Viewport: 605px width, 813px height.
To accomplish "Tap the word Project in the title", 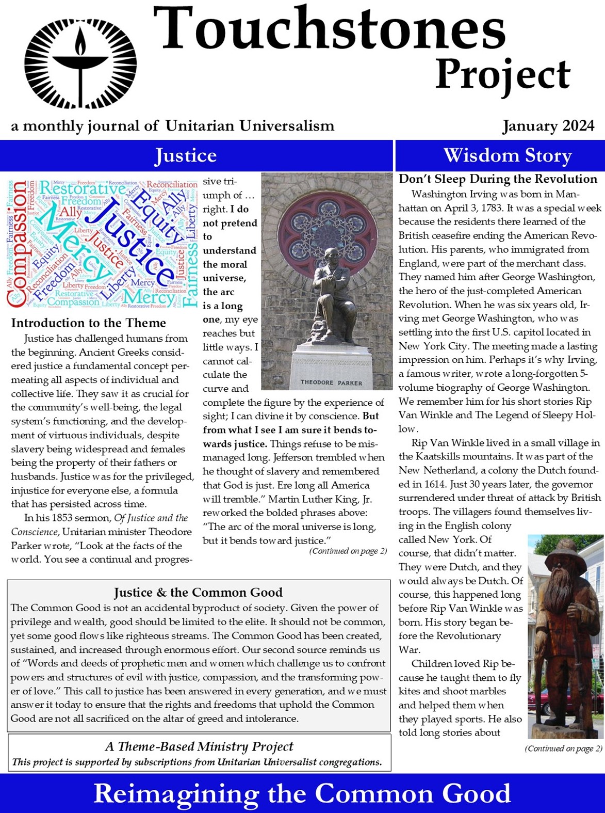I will [502, 75].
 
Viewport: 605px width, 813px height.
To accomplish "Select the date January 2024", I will [548, 126].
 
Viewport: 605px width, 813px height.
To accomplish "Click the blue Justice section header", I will [186, 155].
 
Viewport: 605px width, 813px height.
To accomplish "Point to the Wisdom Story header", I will [508, 155].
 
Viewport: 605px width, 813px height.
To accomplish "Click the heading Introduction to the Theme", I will [88, 323].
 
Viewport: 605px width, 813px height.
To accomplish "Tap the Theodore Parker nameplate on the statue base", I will [331, 382].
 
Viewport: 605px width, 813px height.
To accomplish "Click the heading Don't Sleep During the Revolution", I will [498, 179].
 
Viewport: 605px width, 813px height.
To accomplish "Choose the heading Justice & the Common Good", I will [198, 592].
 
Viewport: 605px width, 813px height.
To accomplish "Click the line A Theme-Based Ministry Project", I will [199, 746].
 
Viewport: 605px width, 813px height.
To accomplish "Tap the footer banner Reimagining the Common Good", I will [302, 793].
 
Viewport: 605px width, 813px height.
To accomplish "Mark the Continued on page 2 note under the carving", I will [563, 748].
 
